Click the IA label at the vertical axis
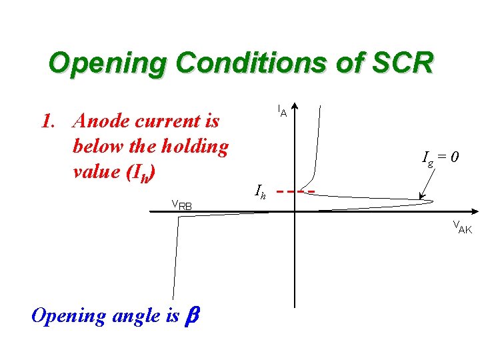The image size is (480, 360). click(x=282, y=111)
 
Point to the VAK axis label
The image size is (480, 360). click(x=462, y=227)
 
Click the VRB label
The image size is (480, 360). click(x=181, y=206)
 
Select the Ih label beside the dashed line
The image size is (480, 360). click(x=260, y=191)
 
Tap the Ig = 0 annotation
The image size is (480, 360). click(x=440, y=158)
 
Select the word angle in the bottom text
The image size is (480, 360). click(x=139, y=315)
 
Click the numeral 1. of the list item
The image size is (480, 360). click(x=47, y=122)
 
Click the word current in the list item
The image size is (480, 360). click(x=165, y=122)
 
